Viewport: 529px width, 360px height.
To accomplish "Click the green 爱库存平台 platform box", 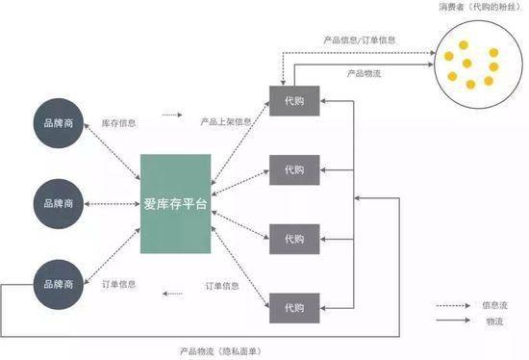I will (174, 204).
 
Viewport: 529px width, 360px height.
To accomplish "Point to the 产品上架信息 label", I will (226, 122).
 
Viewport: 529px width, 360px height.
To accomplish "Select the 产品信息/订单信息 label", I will (359, 40).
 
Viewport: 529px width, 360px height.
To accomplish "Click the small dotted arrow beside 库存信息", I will (171, 115).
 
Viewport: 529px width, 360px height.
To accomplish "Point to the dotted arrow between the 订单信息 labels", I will (172, 294).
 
